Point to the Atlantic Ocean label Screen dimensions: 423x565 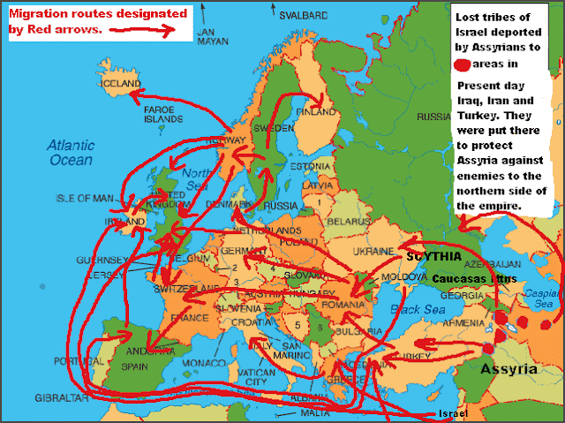(71, 152)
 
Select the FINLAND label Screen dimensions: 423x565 (317, 113)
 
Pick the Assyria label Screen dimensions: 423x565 (508, 370)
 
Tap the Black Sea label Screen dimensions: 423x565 (411, 310)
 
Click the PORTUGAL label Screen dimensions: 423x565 (76, 362)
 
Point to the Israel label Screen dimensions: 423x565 (449, 413)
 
